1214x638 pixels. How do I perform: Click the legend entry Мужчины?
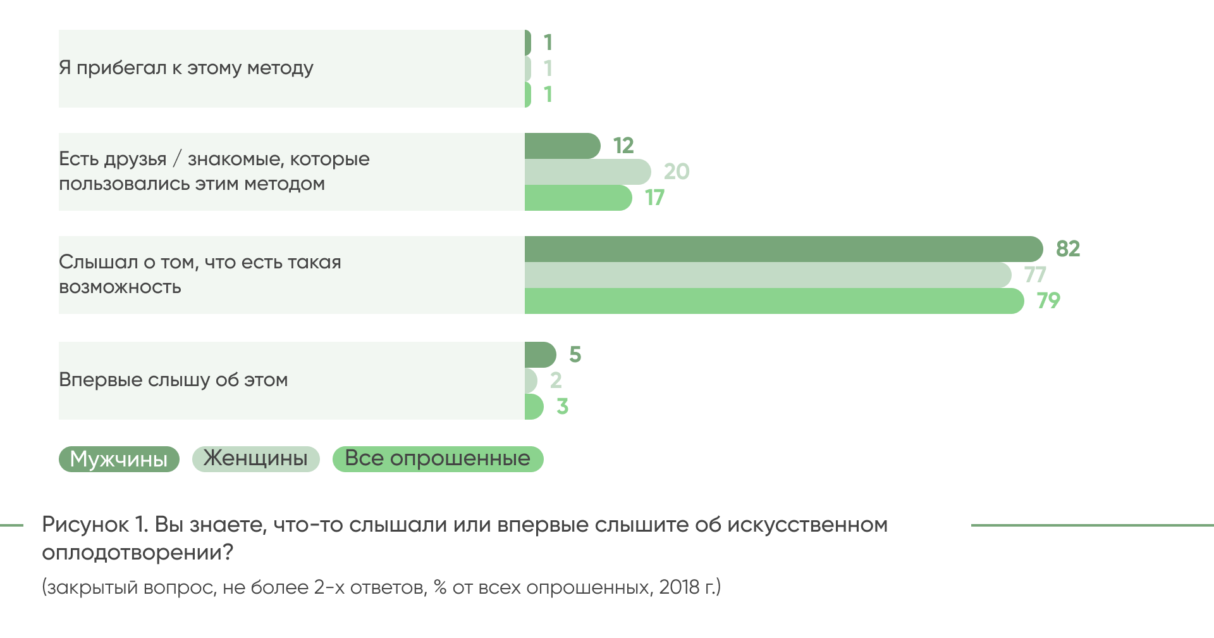[x=119, y=459]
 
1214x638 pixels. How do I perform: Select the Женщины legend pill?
[x=255, y=459]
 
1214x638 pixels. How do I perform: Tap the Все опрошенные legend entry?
[x=438, y=459]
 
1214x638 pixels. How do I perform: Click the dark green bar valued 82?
[x=783, y=249]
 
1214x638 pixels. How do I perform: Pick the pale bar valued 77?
[x=767, y=275]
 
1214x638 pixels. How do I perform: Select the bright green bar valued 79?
[x=773, y=301]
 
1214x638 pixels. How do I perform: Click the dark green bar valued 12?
[x=561, y=146]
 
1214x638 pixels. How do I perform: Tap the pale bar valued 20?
[x=587, y=172]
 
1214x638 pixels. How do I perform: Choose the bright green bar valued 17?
[x=577, y=197]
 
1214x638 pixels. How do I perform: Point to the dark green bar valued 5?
[x=539, y=354]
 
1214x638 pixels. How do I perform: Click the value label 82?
[x=1068, y=249]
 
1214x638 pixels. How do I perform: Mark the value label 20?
[x=677, y=172]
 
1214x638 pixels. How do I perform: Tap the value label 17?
[x=654, y=198]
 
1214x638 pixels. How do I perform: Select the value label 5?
[x=575, y=354]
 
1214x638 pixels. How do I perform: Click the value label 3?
[x=562, y=406]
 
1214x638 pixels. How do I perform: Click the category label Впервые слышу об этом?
[x=173, y=380]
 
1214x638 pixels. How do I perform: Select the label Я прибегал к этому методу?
[x=186, y=68]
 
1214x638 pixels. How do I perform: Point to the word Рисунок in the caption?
[x=85, y=525]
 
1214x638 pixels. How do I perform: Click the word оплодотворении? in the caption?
[x=138, y=553]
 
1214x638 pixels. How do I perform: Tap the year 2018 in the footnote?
[x=678, y=587]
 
